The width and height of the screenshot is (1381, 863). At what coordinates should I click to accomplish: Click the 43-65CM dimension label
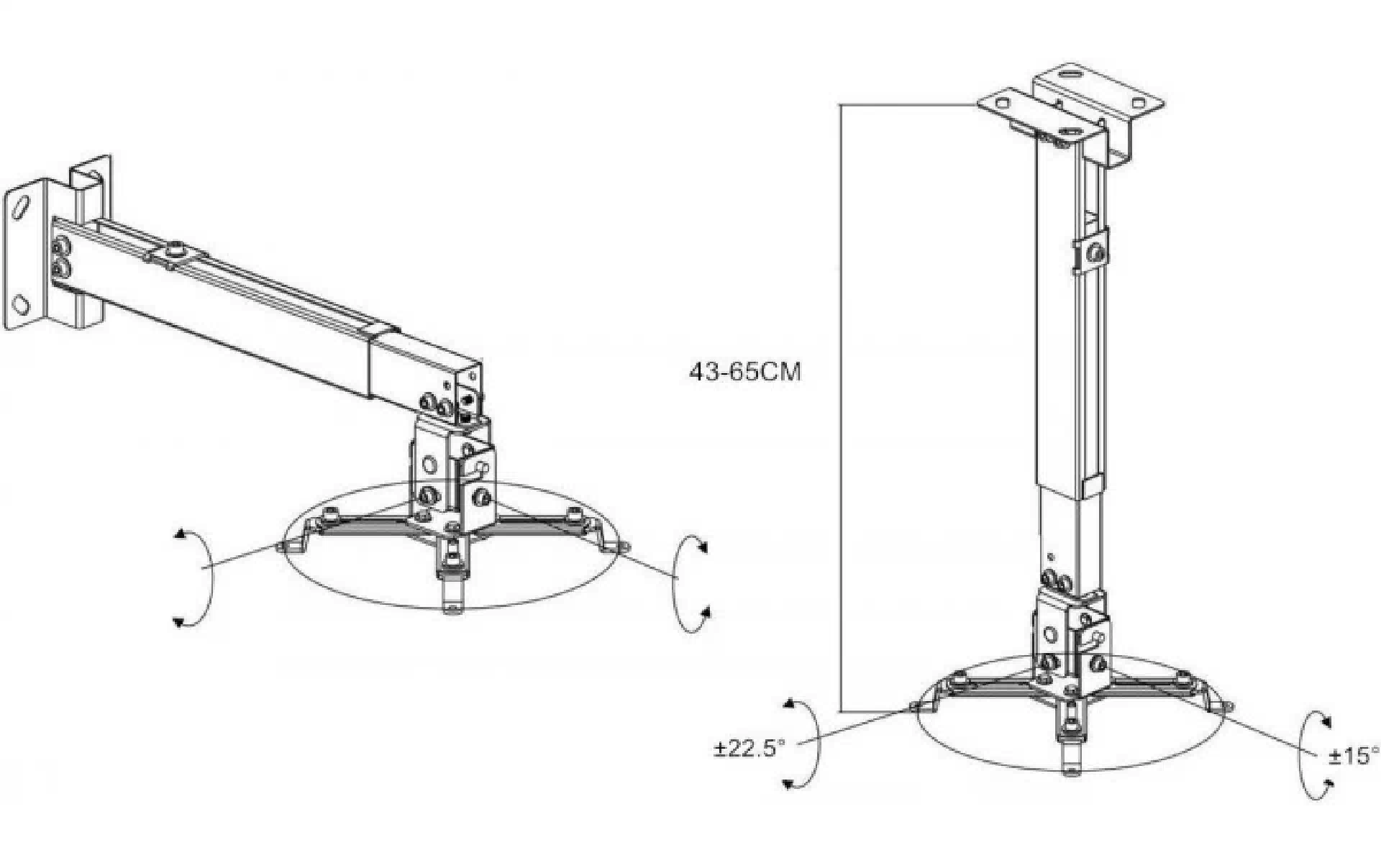point(744,372)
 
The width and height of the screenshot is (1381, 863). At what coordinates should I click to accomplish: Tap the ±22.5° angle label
point(749,749)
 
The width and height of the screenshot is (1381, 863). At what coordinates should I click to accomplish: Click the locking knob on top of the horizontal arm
point(175,252)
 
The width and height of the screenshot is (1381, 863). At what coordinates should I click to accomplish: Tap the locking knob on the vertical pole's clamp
point(1095,252)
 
